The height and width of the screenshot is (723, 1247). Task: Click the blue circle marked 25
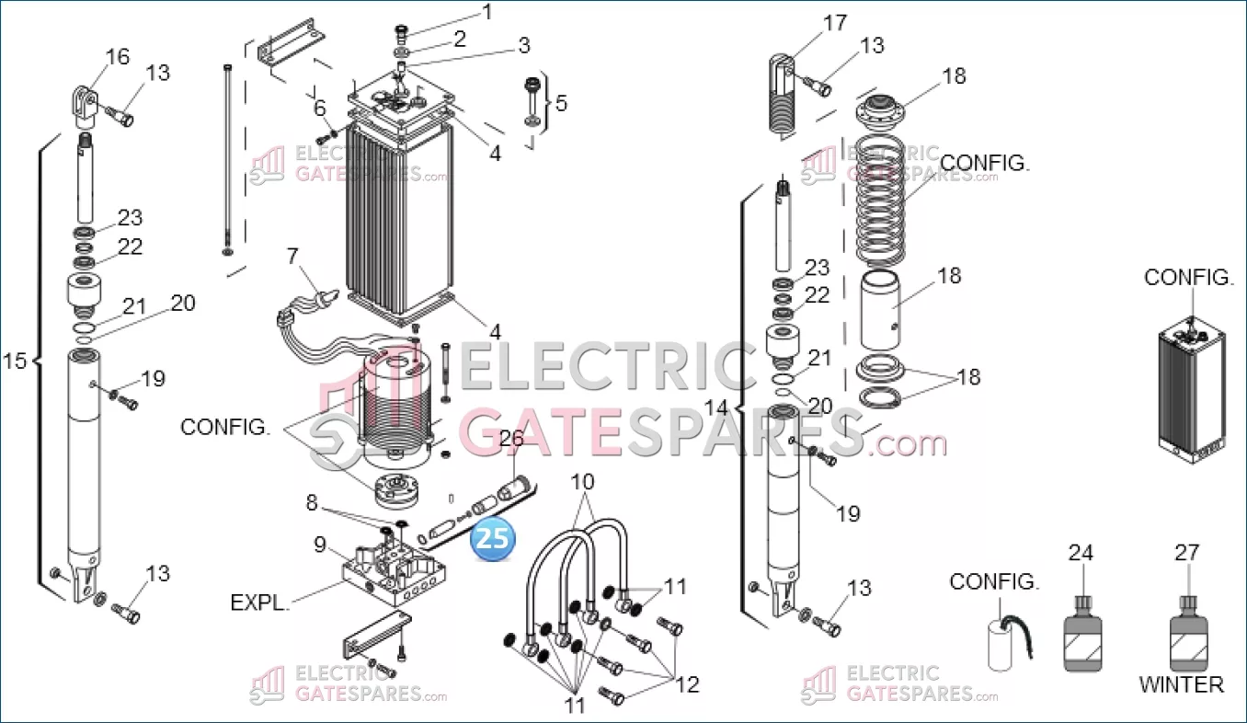pos(493,539)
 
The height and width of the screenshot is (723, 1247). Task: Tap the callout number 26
pos(511,439)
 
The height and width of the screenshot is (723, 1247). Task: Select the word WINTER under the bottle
pos(1182,684)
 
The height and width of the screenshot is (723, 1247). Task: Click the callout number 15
pos(15,361)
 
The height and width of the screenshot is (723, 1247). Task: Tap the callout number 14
pos(715,407)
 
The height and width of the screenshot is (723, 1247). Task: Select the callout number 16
pos(118,56)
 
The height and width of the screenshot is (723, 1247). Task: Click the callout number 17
pos(835,23)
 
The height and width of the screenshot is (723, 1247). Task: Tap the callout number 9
pos(319,545)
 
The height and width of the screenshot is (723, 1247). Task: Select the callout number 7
pos(292,257)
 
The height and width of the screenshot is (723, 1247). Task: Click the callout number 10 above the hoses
pos(582,481)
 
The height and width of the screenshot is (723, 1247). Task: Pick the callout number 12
pos(687,684)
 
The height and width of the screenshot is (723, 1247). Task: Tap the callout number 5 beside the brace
pos(561,103)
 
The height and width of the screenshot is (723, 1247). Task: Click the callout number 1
pos(487,12)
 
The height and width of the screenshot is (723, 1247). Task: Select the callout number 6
pos(319,108)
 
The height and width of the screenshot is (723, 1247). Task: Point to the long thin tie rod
pos(227,160)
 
